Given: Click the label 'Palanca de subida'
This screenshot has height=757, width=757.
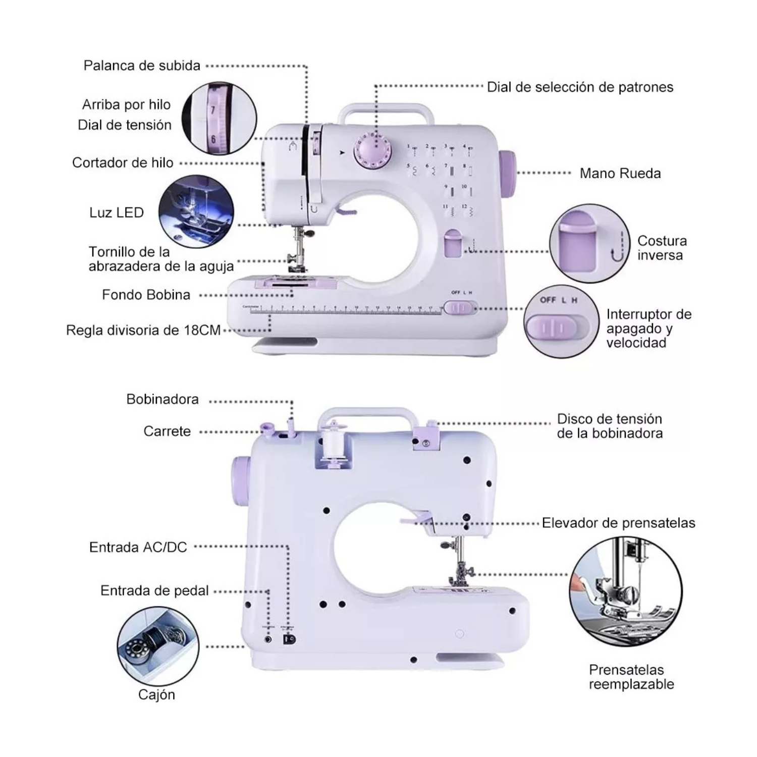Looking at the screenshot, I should click(142, 66).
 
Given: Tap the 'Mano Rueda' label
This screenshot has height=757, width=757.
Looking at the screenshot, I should click(620, 174).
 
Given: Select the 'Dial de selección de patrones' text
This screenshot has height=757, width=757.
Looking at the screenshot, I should click(580, 87).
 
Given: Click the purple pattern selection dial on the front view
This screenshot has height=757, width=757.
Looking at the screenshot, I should click(374, 149).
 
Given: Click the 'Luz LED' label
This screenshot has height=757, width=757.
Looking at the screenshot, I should click(117, 212).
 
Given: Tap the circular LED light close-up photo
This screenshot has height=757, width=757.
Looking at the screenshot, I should click(196, 211).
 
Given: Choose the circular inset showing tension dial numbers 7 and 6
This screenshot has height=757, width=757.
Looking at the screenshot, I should click(219, 119).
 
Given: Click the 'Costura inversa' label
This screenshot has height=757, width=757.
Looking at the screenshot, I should click(662, 248).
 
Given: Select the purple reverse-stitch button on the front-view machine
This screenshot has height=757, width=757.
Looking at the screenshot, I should click(453, 243).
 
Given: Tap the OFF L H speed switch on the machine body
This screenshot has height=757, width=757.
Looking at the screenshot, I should click(460, 307).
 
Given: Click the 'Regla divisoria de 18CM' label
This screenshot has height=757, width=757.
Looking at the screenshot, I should click(143, 331).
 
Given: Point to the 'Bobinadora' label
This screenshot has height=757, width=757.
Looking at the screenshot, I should click(163, 400).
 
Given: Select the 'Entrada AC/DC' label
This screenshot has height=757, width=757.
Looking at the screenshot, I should click(138, 547).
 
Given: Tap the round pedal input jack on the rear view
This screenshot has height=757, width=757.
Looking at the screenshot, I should click(268, 639).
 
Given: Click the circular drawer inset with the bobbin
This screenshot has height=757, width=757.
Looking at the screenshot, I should click(158, 646).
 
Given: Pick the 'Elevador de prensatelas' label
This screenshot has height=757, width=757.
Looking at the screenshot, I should click(618, 523).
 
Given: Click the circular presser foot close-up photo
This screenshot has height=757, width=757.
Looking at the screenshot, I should click(626, 590).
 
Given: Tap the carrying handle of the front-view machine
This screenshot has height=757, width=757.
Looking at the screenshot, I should click(386, 110).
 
